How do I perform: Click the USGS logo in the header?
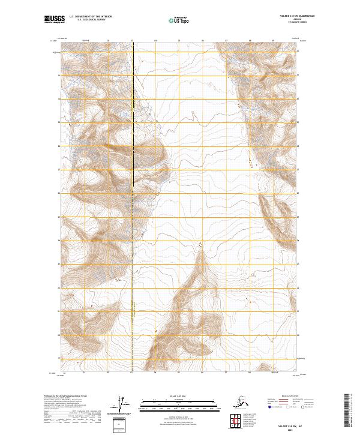click(x=53, y=20)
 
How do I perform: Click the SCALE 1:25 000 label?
click(x=179, y=396)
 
